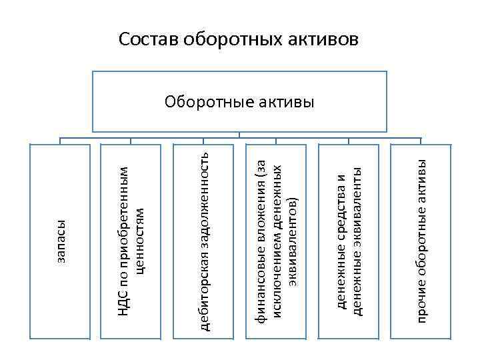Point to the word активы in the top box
[x=285, y=103]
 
